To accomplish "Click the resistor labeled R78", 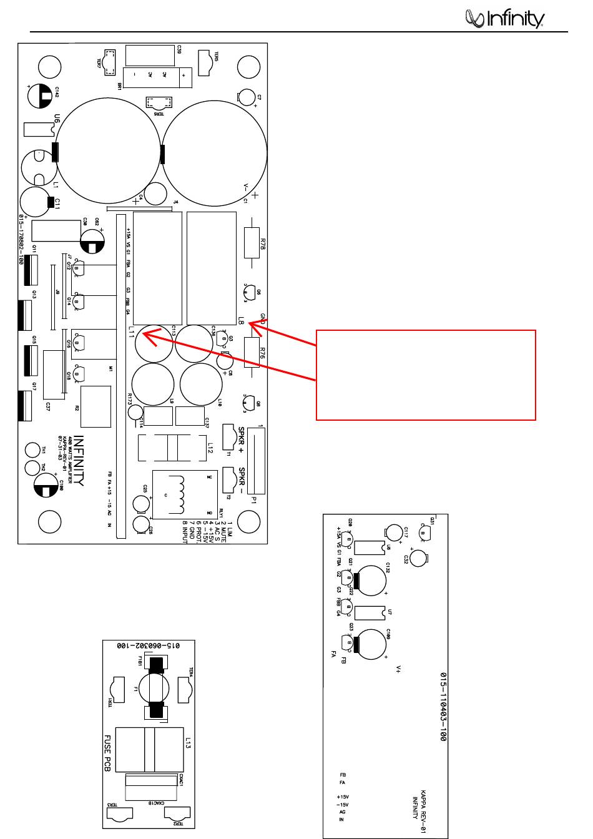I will tap(251, 242).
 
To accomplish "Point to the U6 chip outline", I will tap(39, 129).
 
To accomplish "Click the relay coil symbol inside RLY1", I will tap(180, 491).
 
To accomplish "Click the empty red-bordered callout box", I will tap(426, 375).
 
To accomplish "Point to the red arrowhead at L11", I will tap(145, 334).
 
